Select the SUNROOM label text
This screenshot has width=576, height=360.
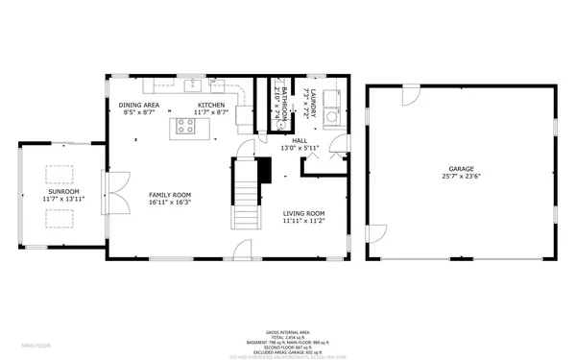click(x=65, y=191)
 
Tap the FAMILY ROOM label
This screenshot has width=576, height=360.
click(x=169, y=195)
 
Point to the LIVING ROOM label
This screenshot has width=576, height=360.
click(x=303, y=213)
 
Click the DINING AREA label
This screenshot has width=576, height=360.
click(x=139, y=105)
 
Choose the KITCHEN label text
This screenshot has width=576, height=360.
click(x=211, y=105)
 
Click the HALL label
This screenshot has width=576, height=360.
click(x=300, y=140)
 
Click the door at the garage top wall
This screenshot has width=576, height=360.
click(x=410, y=94)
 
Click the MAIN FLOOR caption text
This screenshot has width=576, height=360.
click(x=36, y=344)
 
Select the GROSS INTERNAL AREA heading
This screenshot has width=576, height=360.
click(x=288, y=331)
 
